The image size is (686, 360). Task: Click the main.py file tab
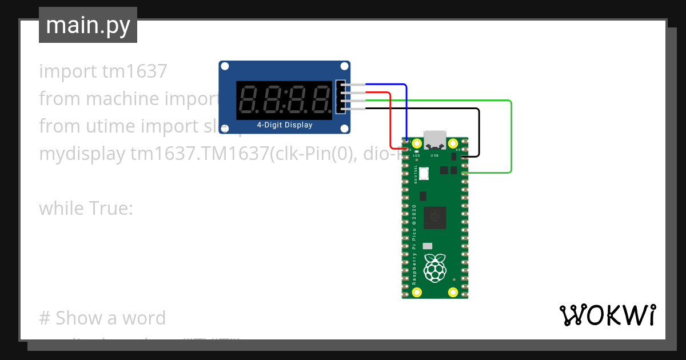point(87,25)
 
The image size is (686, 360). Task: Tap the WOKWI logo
point(607,315)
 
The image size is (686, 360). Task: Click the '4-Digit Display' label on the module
point(284,125)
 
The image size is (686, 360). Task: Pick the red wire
point(390,120)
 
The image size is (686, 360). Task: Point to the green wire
point(510,137)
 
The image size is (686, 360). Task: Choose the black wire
point(478,131)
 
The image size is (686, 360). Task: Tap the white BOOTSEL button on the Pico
point(424,174)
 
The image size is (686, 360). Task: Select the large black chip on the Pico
point(435,217)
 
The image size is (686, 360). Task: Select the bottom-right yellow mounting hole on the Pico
point(453,292)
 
